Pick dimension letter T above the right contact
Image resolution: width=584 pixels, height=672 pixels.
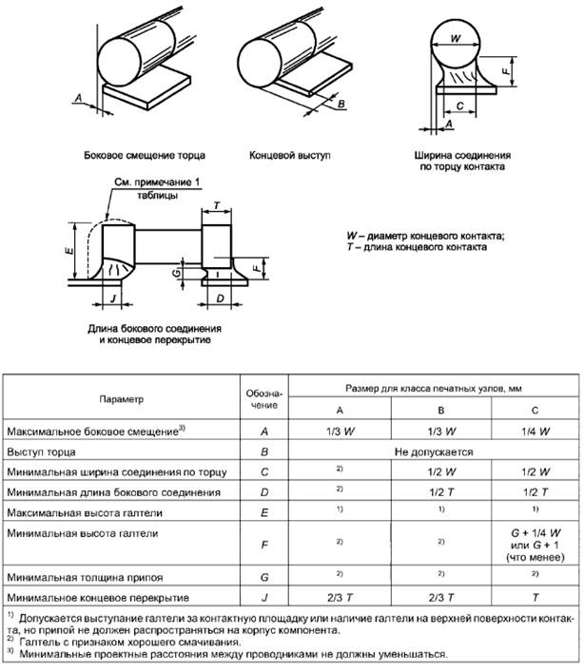(x=218, y=206)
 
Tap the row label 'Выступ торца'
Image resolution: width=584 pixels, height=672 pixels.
(x=41, y=451)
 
